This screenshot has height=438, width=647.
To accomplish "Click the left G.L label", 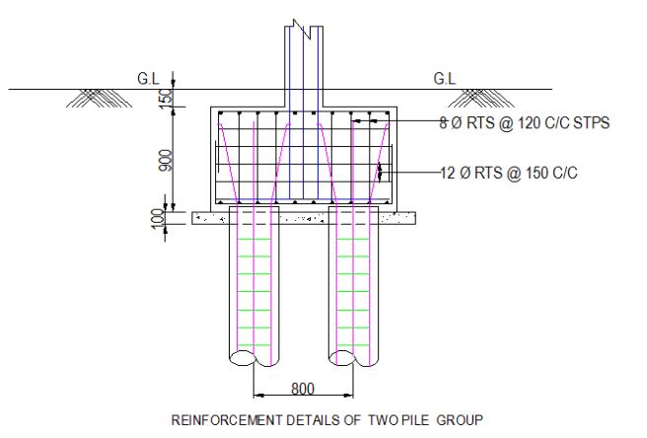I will click(149, 78).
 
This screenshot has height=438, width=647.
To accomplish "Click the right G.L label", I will click(445, 78).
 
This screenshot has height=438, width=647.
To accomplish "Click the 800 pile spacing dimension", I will click(304, 388).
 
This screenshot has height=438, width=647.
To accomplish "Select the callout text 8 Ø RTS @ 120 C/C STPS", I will click(525, 123).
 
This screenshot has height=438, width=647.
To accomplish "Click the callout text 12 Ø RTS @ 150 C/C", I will click(508, 173).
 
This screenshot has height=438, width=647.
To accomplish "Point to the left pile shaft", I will click(253, 286).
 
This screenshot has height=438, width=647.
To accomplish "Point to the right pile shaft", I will click(354, 286).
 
